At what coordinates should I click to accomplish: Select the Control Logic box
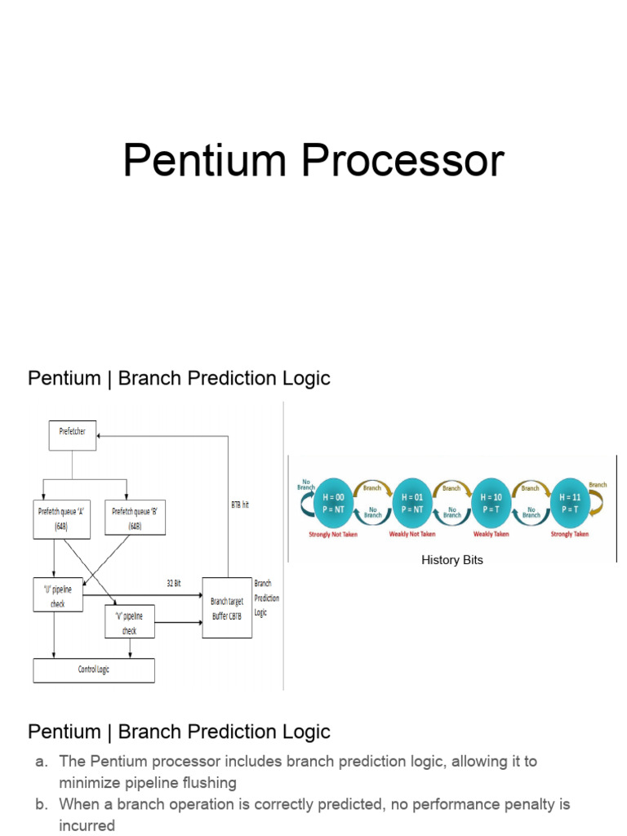point(93,670)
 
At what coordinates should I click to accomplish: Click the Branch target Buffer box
point(227,607)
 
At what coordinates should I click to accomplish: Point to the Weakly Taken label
point(491,535)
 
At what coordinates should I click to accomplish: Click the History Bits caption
point(452,561)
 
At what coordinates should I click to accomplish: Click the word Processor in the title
point(403,162)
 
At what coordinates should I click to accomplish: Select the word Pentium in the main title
point(209,162)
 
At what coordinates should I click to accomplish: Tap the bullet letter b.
point(42,804)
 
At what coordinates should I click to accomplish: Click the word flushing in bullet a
point(207,783)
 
